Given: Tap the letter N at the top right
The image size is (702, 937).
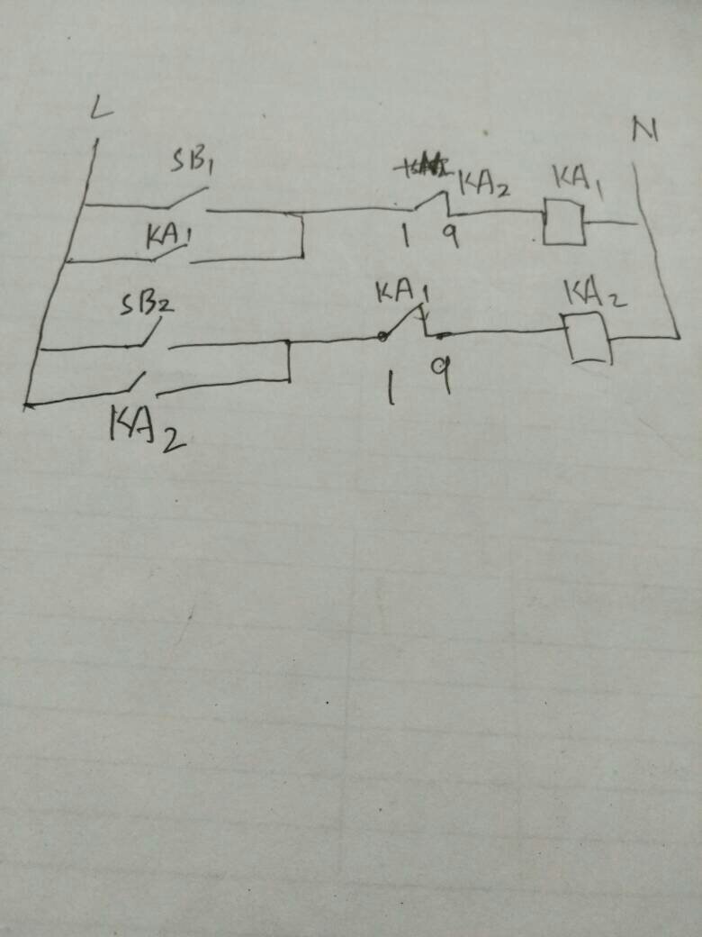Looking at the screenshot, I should click(x=643, y=131).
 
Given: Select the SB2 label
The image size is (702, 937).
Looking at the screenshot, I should click(x=147, y=304).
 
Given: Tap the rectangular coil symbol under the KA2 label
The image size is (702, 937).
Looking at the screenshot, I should click(x=588, y=338).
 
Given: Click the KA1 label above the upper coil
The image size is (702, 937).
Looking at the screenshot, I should click(x=578, y=177).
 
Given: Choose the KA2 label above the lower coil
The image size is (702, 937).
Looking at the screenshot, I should click(x=595, y=293).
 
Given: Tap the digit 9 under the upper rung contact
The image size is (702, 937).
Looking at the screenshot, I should click(x=450, y=235).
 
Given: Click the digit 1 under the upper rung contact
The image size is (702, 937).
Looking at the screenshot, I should click(x=406, y=236).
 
